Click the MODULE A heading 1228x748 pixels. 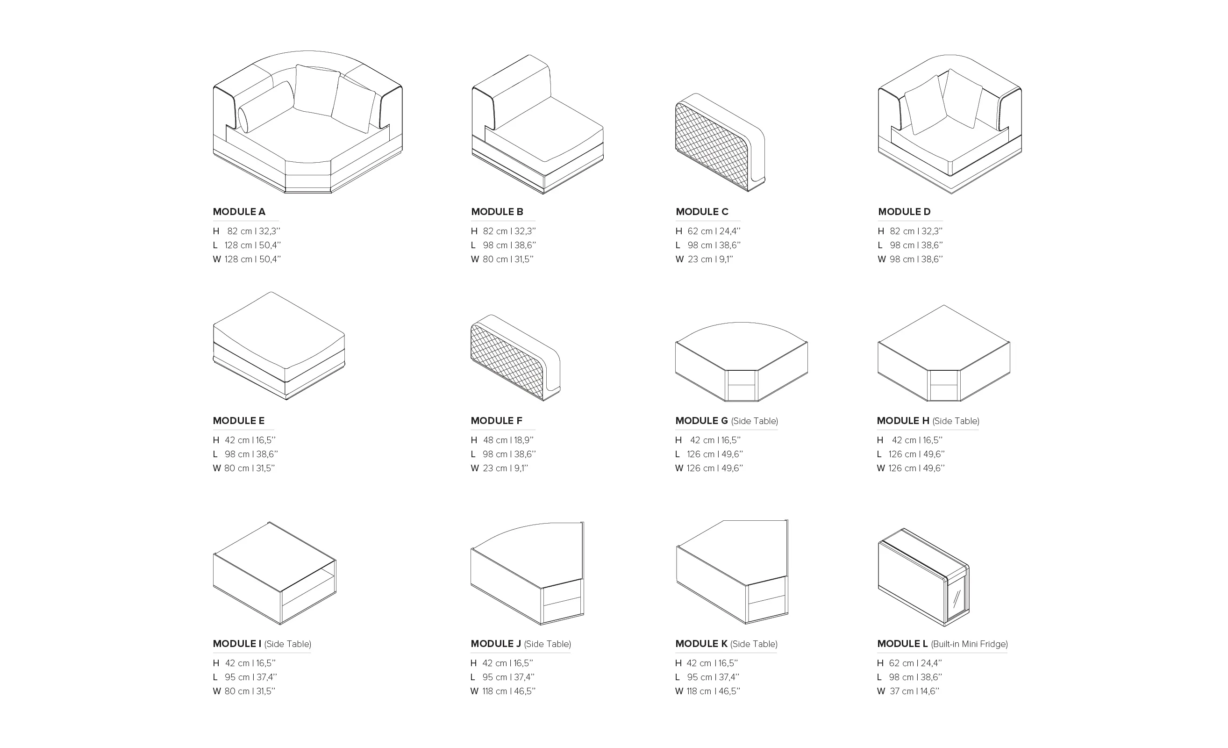(239, 211)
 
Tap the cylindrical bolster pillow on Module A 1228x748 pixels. (265, 106)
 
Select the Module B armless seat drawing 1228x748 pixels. (537, 124)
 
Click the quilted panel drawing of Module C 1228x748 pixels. (720, 142)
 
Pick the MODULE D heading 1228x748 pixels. (904, 211)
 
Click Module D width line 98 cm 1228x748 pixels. (910, 259)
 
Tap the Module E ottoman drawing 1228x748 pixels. (278, 345)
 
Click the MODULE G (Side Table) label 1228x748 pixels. (727, 420)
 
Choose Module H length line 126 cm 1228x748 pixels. (911, 454)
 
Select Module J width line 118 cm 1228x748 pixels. (503, 690)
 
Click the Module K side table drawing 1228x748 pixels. (732, 572)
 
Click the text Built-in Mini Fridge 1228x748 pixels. (969, 644)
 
